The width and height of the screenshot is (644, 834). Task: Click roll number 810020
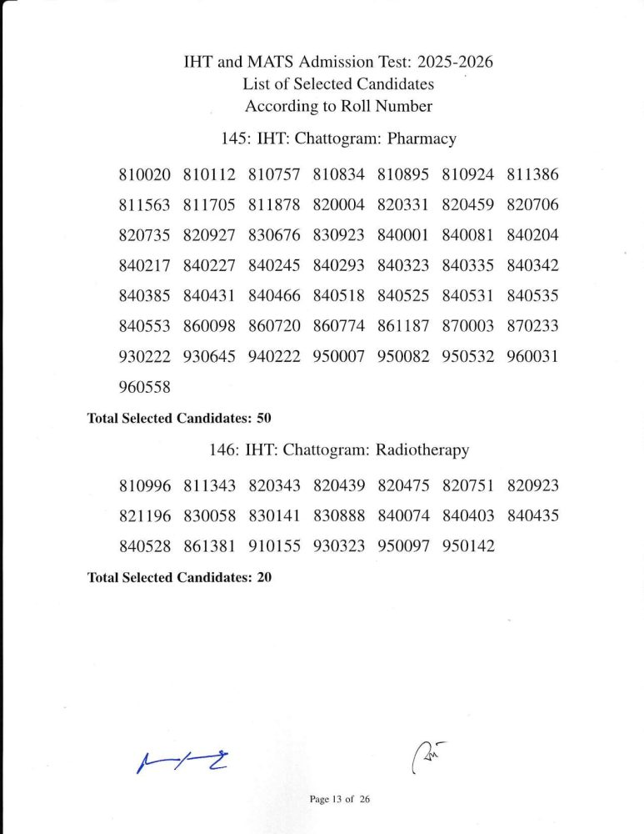tap(145, 175)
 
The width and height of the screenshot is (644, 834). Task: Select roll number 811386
tap(532, 175)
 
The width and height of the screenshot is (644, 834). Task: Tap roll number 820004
tap(338, 205)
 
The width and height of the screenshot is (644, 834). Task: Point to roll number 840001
tap(403, 235)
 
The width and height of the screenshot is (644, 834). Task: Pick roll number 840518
tap(338, 296)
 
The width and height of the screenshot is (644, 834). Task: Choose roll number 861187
tap(403, 326)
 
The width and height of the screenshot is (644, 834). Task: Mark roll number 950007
tap(338, 357)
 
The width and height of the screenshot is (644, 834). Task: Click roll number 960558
tap(145, 387)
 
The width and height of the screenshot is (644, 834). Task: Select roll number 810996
tap(145, 486)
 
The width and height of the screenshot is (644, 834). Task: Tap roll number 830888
tap(338, 516)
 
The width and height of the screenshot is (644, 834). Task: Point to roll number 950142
tap(467, 546)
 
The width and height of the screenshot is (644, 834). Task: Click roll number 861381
tap(209, 546)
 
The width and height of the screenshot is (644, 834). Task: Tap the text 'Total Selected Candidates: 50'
tap(180, 418)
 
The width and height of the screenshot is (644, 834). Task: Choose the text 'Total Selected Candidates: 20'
tap(180, 577)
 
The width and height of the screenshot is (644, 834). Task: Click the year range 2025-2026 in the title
tap(462, 63)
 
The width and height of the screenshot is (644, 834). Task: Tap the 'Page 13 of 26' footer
tap(339, 799)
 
